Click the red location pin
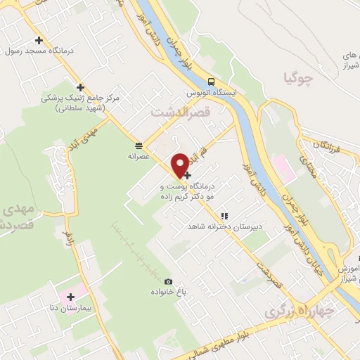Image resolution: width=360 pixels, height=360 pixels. (x=181, y=165)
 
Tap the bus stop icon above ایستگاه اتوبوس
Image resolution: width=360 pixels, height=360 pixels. (x=212, y=80)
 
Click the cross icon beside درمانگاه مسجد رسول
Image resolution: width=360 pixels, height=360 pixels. (x=39, y=41)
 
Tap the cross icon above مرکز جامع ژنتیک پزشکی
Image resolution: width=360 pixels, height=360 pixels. (x=81, y=88)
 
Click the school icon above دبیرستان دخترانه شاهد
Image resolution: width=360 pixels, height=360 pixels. (x=224, y=217)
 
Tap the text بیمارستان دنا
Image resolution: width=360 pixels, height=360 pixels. (x=69, y=308)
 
